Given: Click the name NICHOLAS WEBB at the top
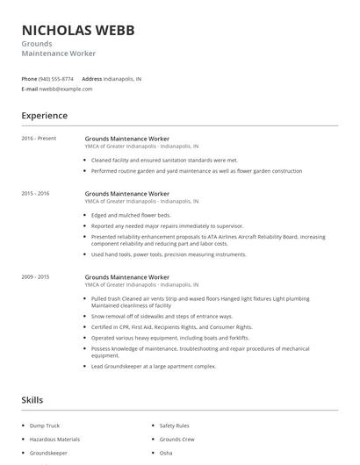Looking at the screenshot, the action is point(78,30).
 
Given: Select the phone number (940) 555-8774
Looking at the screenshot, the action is point(56,78).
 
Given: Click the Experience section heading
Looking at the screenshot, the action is point(44,116).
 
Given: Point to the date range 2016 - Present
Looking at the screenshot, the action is point(39,139).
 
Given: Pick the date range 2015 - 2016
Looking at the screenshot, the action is point(35,193).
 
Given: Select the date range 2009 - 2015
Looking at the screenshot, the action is point(35,276).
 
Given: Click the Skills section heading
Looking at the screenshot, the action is point(32,399).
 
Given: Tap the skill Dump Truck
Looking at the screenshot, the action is point(45,426).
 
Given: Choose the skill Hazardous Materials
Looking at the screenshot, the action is point(54,439).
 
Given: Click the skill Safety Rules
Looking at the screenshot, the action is point(174,426).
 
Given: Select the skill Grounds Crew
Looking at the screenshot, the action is point(176,439).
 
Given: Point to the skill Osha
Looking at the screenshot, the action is point(166,453).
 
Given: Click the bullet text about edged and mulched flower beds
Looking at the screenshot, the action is point(131,214).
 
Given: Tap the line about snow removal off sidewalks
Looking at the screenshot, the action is point(162,316).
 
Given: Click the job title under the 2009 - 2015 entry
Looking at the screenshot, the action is point(126,276).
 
